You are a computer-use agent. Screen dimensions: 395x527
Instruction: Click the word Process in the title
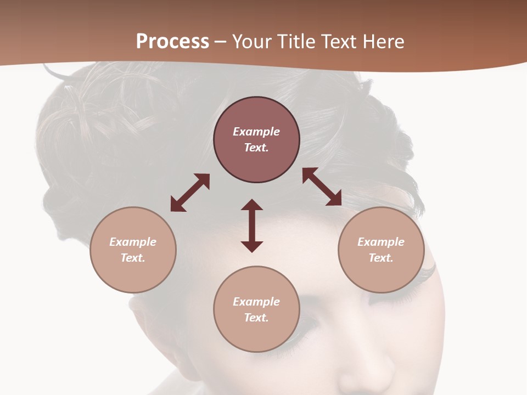click(172, 42)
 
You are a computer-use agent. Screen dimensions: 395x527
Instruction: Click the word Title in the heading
click(297, 42)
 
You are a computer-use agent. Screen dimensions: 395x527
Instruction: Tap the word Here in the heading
click(383, 42)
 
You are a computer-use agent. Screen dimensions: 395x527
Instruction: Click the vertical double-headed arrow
click(252, 225)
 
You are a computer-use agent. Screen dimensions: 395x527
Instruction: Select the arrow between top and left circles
click(190, 193)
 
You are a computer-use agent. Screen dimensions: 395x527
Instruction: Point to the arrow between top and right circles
click(322, 187)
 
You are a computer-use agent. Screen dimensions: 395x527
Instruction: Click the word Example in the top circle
click(256, 132)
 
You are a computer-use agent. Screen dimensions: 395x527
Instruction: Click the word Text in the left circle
click(133, 258)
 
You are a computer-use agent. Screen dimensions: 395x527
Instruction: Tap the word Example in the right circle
click(381, 242)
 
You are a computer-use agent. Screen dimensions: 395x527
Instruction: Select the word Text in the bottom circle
click(256, 318)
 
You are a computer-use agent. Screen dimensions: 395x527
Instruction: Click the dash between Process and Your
click(221, 42)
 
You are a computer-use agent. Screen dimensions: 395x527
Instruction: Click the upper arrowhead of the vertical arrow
click(252, 205)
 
